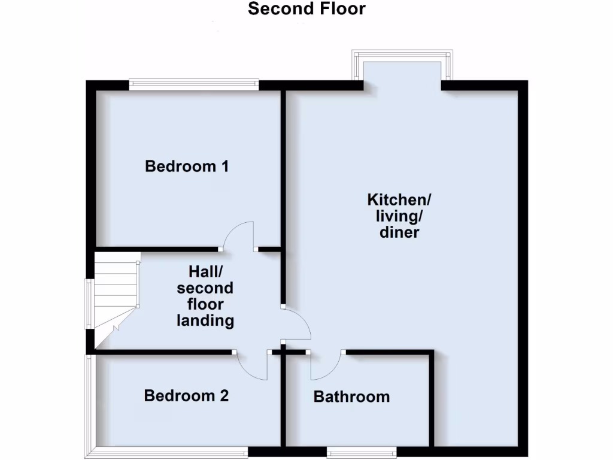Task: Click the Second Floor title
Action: (x=306, y=9)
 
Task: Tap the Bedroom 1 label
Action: (x=187, y=166)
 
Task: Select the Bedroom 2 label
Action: (x=186, y=396)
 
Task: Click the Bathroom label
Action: (x=351, y=397)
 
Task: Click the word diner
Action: (x=399, y=232)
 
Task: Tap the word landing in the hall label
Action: (x=205, y=320)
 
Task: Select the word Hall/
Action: (x=205, y=271)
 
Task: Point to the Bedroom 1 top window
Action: (x=193, y=85)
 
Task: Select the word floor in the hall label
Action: (x=205, y=304)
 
